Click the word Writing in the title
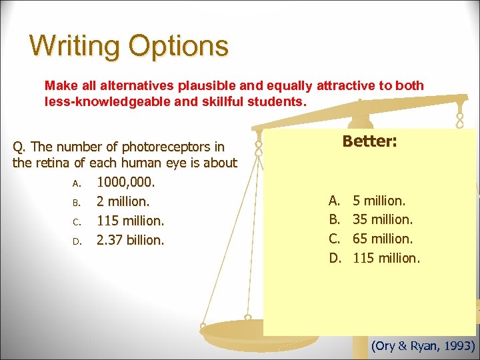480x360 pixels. (x=75, y=46)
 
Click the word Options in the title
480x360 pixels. (x=179, y=46)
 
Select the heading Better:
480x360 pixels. (x=369, y=141)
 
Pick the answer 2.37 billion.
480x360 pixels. (x=129, y=239)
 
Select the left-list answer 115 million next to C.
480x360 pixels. (x=130, y=220)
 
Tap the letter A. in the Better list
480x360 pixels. (x=334, y=199)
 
